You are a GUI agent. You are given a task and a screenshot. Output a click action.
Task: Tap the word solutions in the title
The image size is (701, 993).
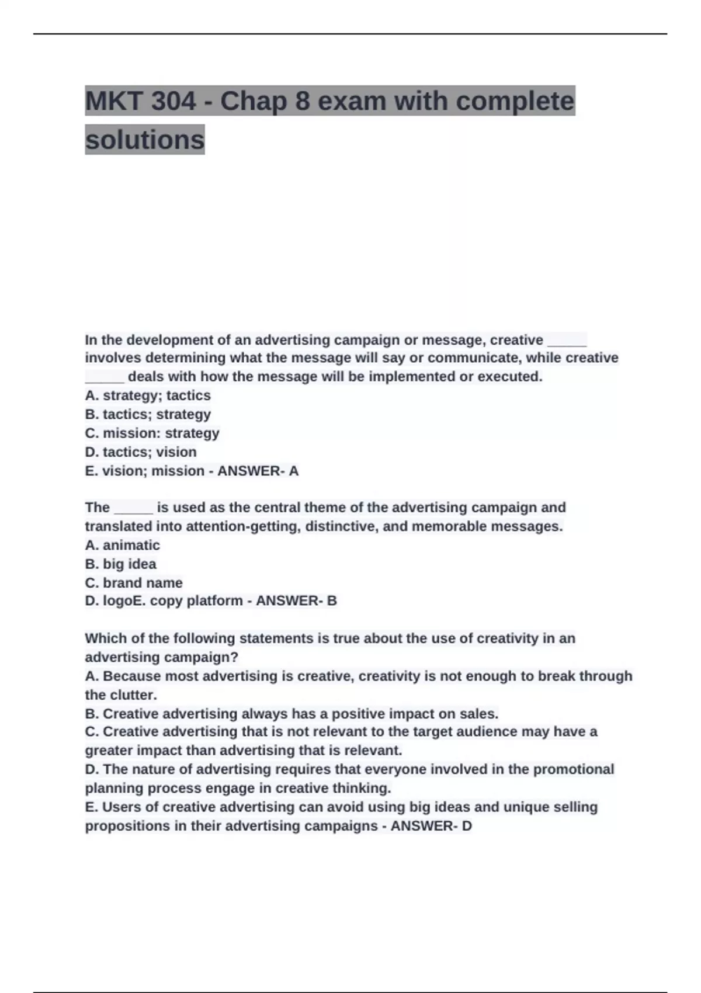145,140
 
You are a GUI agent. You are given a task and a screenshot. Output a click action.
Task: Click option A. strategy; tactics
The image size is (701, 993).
148,395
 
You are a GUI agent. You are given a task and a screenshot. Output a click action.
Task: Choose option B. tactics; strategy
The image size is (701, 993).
148,414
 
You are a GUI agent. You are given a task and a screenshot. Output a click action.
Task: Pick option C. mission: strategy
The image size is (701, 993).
152,433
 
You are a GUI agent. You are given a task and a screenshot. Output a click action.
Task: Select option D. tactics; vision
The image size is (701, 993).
141,452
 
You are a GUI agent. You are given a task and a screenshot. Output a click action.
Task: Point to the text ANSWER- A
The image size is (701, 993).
258,471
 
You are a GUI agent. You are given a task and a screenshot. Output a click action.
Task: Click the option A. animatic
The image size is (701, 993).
122,545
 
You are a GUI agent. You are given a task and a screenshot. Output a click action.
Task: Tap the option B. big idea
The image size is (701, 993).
121,564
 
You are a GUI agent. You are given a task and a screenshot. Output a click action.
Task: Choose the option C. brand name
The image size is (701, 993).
134,582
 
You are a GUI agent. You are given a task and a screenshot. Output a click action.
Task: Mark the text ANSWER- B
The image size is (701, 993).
296,600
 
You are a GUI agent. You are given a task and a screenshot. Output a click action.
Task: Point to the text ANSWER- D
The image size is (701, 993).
431,826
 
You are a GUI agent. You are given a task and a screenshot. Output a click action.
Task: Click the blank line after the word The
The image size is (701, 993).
133,508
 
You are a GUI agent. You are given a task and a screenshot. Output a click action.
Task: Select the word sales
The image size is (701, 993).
481,714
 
